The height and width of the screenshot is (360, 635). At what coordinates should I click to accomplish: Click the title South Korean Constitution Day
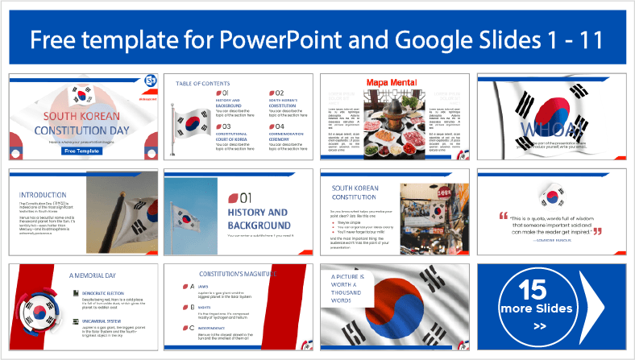(84, 122)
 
